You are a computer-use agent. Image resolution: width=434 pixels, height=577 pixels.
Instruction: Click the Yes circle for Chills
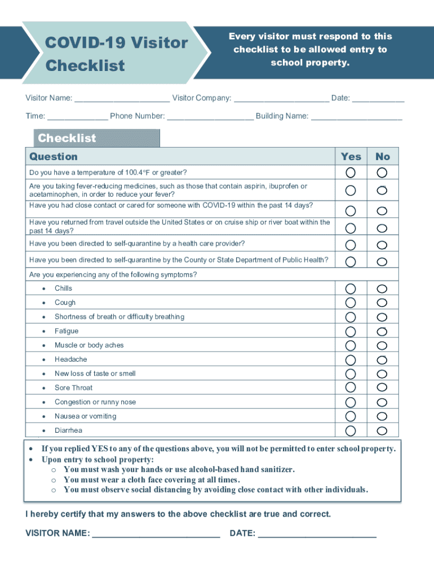point(351,289)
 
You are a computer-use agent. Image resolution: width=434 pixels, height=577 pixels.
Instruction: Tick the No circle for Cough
point(382,303)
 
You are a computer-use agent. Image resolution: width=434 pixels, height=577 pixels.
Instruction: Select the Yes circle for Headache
point(351,360)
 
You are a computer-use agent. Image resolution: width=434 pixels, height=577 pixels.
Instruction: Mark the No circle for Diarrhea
point(382,431)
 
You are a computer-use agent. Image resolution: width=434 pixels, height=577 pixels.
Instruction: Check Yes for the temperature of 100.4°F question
point(351,172)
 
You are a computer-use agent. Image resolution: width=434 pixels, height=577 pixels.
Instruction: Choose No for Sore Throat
point(382,388)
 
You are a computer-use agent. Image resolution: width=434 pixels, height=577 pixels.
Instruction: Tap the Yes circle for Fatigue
point(351,331)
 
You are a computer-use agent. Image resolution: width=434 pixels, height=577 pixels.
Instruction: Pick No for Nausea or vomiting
point(382,416)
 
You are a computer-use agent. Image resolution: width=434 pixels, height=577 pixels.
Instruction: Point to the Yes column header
point(351,157)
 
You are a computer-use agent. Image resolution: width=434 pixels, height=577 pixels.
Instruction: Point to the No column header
point(383,157)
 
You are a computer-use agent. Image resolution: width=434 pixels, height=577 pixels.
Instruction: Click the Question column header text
point(54,157)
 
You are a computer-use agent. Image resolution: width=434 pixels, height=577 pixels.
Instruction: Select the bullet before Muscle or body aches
point(44,345)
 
